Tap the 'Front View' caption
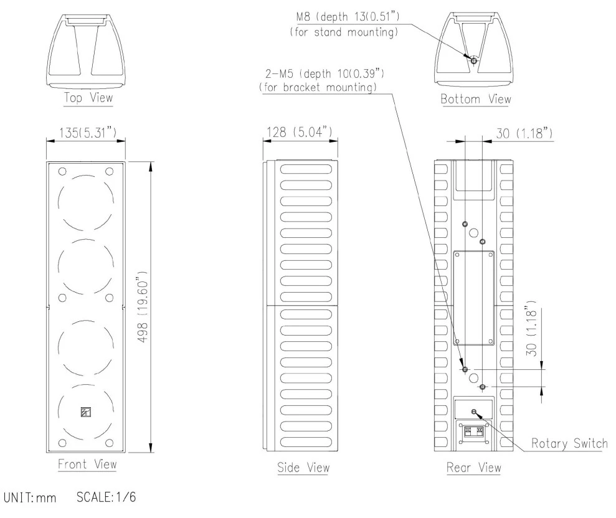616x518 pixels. pos(86,464)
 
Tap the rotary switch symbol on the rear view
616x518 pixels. pos(475,412)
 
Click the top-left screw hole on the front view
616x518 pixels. pos(62,172)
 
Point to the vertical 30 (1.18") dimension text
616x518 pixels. pos(529,330)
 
